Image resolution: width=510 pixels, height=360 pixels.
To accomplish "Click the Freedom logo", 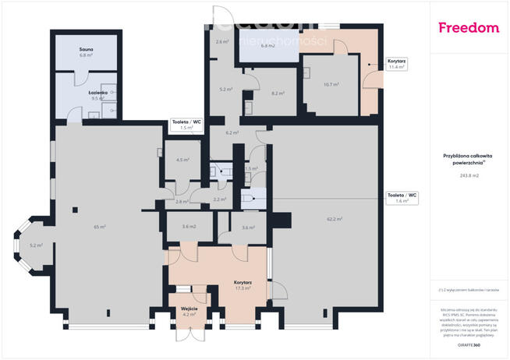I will tap(468, 28).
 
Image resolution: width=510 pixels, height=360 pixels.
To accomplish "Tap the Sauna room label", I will tap(86, 52).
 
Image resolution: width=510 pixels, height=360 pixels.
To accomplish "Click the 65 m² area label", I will tap(100, 227).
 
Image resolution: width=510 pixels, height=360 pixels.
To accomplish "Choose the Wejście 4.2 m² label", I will tap(189, 312).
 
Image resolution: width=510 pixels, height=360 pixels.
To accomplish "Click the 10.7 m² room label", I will tap(330, 84).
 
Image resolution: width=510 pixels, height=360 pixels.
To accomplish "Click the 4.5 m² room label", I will tap(183, 160).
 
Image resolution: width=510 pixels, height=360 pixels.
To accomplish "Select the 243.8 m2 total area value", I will tap(469, 175).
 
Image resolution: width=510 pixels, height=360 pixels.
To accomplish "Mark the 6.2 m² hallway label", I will tap(231, 133).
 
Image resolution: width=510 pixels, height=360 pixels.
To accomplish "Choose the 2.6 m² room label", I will tap(221, 42).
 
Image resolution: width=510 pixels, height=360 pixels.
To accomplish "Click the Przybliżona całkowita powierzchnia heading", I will tap(469, 159).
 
